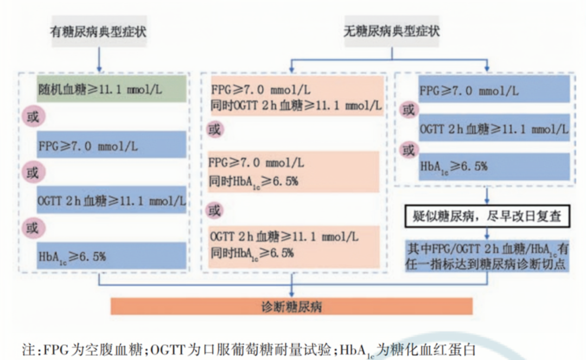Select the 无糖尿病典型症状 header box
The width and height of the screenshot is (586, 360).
coord(392,31)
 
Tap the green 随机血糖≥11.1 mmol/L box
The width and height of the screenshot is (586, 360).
coord(112,89)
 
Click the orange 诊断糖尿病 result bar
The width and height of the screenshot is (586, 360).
coord(292,306)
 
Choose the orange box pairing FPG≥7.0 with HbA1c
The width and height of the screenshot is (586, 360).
coord(293,172)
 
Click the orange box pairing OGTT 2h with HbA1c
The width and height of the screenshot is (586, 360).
coord(293,245)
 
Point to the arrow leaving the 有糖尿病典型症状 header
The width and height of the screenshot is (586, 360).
coord(98,57)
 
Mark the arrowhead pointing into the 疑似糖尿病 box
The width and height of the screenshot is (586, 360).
coord(488,202)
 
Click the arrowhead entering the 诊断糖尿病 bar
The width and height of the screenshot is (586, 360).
coord(292,294)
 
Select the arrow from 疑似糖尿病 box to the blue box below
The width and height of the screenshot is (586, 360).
coord(488,233)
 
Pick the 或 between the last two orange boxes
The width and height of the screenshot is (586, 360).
coord(215,210)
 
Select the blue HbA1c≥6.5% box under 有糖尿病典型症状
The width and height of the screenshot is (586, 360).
coord(112,255)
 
